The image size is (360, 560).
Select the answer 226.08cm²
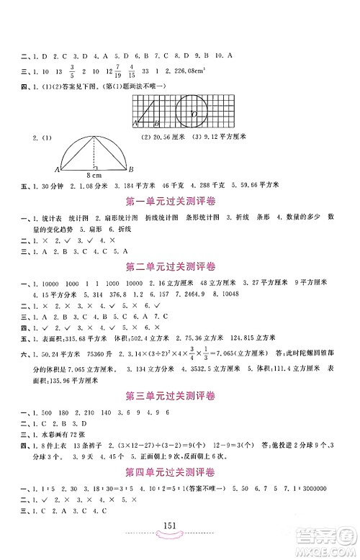tap(186, 71)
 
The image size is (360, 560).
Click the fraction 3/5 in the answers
tap(73, 71)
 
